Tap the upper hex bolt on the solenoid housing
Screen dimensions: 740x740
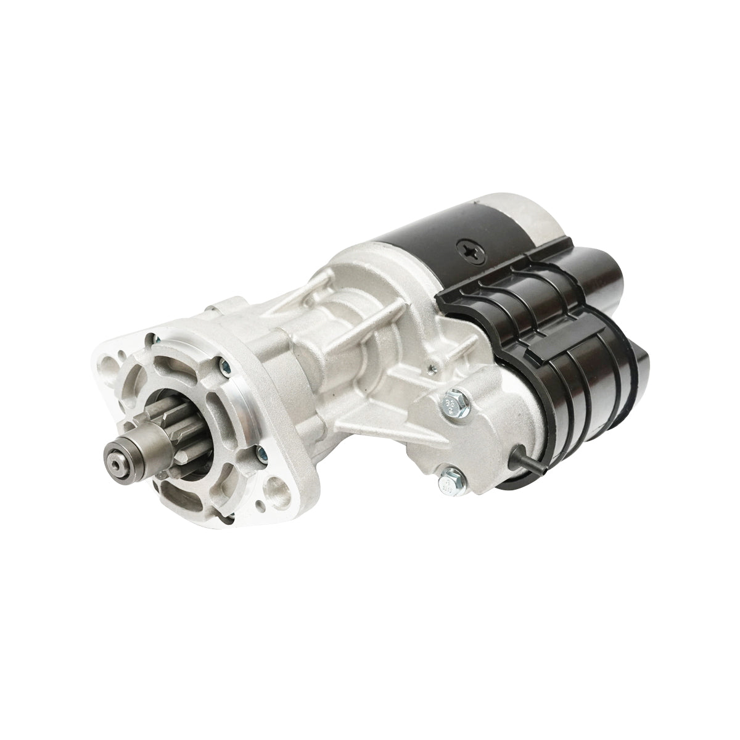445,401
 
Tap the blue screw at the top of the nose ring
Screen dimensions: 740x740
158,337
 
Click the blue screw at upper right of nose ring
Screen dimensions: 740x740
223,370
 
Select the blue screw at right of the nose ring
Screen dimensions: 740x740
260,455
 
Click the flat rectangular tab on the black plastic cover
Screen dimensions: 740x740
459,295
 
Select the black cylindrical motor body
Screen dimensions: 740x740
432,247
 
